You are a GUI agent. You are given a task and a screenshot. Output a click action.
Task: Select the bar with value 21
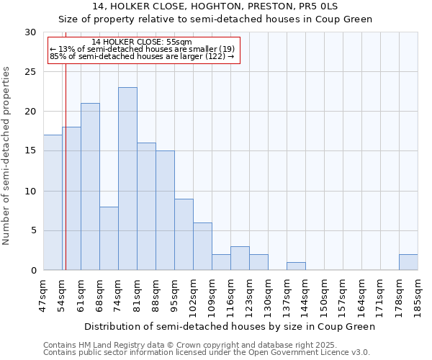click(x=90, y=186)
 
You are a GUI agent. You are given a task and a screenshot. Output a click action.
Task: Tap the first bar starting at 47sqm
click(x=53, y=202)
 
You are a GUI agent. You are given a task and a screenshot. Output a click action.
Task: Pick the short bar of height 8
click(x=109, y=238)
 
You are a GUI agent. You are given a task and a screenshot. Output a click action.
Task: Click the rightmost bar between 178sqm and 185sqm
click(x=408, y=262)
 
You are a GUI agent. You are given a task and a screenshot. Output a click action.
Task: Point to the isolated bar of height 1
click(x=296, y=266)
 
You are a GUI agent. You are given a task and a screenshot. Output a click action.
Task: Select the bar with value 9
click(x=184, y=234)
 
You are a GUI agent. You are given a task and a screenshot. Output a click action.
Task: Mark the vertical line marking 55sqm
click(x=66, y=180)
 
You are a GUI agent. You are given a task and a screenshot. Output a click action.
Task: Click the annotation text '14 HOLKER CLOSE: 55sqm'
click(x=142, y=42)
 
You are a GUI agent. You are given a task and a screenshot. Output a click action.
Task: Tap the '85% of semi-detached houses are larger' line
click(x=142, y=56)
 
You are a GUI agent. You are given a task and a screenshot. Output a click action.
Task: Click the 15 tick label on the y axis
click(x=31, y=151)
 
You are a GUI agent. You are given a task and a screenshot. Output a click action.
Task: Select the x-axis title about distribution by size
click(x=230, y=326)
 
